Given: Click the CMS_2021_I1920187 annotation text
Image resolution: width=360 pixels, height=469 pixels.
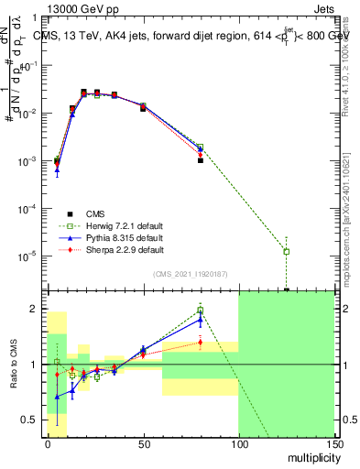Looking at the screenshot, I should click(x=190, y=274).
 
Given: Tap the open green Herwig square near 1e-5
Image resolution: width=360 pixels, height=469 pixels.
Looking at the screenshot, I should click(x=287, y=251).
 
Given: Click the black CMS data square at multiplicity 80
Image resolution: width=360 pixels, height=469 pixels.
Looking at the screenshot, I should click(x=201, y=160).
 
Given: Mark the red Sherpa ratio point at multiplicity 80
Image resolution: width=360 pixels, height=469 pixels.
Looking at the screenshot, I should click(x=201, y=343).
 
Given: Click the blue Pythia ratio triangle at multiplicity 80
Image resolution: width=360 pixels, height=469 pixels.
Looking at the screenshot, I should click(x=201, y=319).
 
